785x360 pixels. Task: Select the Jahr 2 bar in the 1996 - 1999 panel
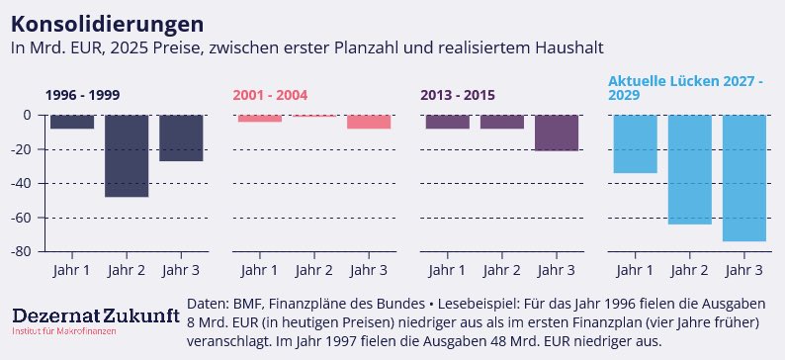click(127, 155)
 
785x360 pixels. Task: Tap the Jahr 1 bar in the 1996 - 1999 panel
click(72, 122)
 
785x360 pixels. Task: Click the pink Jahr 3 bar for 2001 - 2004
click(369, 122)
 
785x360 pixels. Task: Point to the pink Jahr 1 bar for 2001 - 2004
click(260, 119)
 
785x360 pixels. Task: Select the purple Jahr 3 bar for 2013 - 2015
click(557, 133)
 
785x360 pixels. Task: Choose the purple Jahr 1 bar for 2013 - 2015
click(448, 122)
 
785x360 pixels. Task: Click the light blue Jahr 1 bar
click(635, 143)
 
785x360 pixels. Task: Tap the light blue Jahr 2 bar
click(689, 169)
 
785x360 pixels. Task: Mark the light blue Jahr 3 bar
click(743, 178)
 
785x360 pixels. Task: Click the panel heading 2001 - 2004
click(270, 95)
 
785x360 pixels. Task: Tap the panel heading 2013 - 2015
click(458, 95)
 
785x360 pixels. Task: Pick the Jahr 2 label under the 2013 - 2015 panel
click(502, 270)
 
